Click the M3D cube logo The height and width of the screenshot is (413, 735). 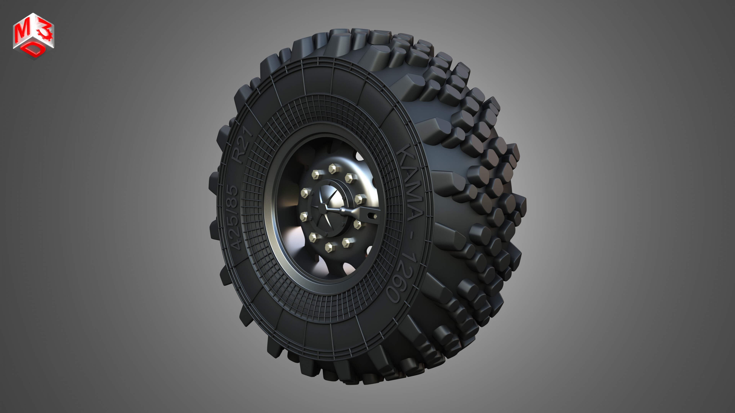click(x=33, y=36)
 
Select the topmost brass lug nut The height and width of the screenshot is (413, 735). click(x=333, y=169)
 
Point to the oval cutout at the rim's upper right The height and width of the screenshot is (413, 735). click(x=359, y=156)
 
